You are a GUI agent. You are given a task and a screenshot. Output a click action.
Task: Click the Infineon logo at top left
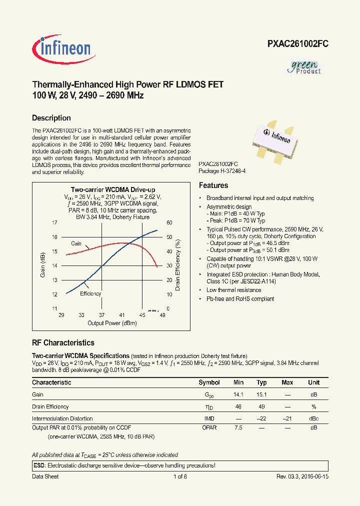[62, 48]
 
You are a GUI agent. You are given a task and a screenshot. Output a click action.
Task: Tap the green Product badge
[305, 67]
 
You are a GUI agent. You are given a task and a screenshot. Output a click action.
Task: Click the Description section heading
[51, 118]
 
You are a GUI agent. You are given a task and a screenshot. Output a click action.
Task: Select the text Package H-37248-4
[222, 171]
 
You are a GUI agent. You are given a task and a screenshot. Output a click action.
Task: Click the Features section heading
[213, 185]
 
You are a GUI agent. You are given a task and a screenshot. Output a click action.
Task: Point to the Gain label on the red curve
[76, 243]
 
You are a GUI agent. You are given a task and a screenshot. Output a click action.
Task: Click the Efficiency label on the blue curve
[90, 293]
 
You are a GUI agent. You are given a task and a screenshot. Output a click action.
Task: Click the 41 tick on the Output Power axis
[122, 315]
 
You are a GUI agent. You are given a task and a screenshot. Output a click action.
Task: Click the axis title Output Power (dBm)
[112, 323]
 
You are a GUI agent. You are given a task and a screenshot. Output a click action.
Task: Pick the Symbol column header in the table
[209, 382]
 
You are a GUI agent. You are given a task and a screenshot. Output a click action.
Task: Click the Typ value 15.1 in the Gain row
[261, 394]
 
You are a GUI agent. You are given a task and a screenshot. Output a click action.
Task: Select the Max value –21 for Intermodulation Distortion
[287, 418]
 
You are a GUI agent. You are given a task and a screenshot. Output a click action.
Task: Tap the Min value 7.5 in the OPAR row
[238, 428]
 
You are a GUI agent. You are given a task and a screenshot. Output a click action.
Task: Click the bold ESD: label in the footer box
[39, 465]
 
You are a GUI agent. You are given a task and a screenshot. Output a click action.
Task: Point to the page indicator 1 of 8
[180, 476]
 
